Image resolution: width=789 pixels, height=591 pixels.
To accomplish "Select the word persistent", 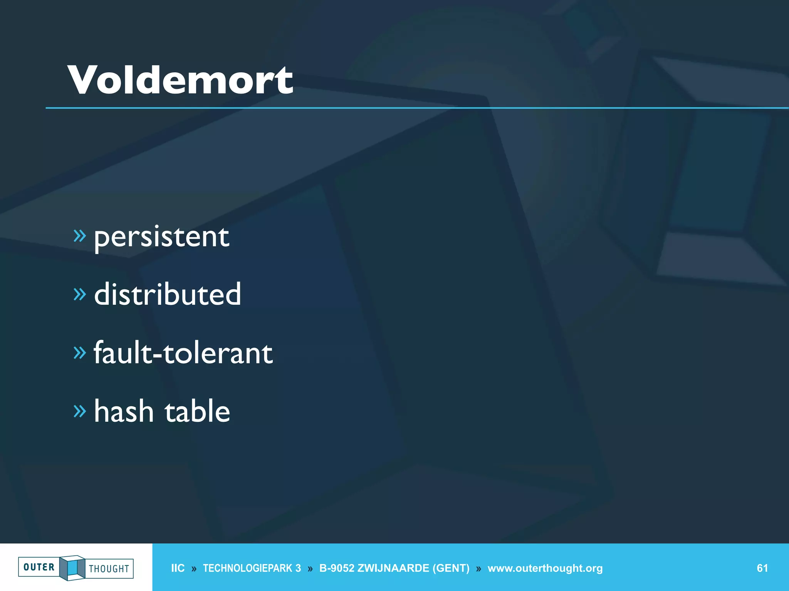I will (x=162, y=237).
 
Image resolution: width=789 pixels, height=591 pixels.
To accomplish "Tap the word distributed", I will (x=168, y=294).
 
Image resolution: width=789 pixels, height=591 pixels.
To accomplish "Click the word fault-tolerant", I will (x=183, y=353).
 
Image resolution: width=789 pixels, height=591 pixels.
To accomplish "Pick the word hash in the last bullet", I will (x=124, y=411).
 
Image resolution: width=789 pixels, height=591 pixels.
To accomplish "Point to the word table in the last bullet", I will (x=197, y=411).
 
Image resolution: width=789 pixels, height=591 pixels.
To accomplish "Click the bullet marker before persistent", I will (x=79, y=236).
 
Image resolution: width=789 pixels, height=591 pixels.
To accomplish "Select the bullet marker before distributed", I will (x=79, y=294).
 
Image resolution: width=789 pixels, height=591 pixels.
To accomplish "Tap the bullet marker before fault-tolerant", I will (x=79, y=352).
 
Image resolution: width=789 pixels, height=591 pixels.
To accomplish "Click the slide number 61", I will (x=762, y=568).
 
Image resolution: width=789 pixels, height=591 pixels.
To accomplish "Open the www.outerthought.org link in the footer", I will (x=545, y=568).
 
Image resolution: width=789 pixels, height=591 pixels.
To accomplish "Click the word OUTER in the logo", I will (x=39, y=567).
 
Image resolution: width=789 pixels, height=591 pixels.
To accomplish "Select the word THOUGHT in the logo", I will (x=109, y=569).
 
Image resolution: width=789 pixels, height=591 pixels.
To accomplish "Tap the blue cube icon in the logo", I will (x=72, y=568).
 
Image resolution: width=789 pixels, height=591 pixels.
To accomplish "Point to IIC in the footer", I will (x=178, y=568).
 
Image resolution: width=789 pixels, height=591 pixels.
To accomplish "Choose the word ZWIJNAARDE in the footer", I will (x=393, y=568).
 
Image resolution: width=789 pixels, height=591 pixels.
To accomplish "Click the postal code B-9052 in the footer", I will (x=337, y=568).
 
